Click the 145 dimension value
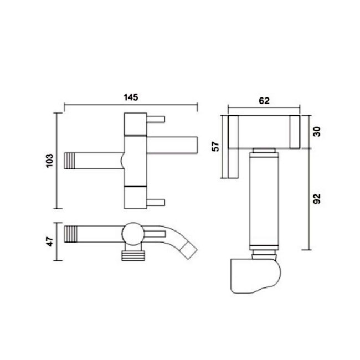click(x=131, y=97)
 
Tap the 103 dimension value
click(x=49, y=161)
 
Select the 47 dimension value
click(x=50, y=241)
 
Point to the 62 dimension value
click(x=264, y=101)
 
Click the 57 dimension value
click(x=215, y=147)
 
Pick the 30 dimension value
click(x=317, y=132)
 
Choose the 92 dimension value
click(x=317, y=199)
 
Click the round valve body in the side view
click(x=133, y=234)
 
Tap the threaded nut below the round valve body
click(x=133, y=256)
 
